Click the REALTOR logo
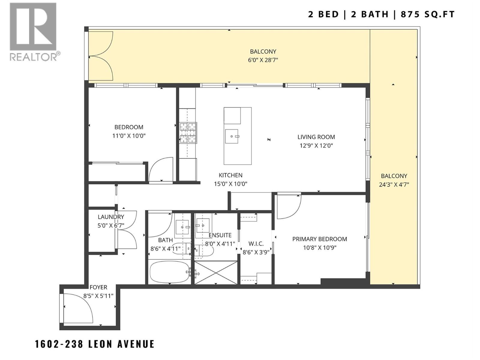click(x=33, y=31)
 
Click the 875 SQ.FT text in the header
click(x=428, y=14)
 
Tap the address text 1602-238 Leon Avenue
click(x=95, y=344)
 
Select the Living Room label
click(x=316, y=137)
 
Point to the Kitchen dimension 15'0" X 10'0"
click(x=230, y=184)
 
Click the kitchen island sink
click(x=232, y=136)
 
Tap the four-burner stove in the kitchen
click(x=188, y=133)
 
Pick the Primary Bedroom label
click(x=319, y=239)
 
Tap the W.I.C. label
click(x=256, y=244)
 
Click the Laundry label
click(x=111, y=217)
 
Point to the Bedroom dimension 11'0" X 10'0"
click(x=129, y=136)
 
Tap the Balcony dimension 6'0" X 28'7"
click(x=263, y=60)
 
